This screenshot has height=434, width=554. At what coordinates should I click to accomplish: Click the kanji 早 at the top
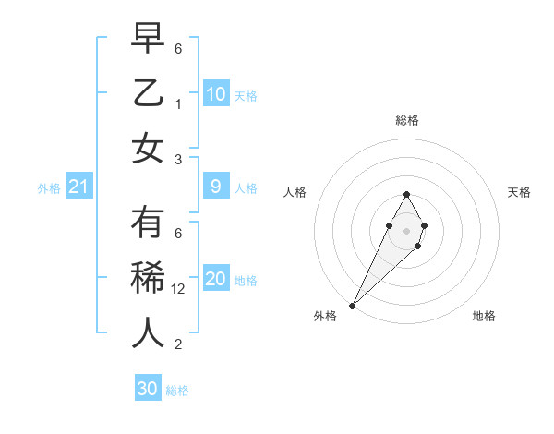click(x=148, y=40)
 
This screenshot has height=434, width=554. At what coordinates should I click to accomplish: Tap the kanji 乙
click(x=148, y=94)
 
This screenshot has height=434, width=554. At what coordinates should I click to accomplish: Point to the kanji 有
click(x=148, y=224)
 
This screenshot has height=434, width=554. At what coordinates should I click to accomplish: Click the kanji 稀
click(x=148, y=279)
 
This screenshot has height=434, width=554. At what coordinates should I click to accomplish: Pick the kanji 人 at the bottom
click(x=148, y=333)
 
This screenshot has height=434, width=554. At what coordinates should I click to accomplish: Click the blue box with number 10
click(x=215, y=93)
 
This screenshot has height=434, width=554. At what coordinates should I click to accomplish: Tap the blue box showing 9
click(x=215, y=187)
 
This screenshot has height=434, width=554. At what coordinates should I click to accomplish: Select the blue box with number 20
click(x=215, y=279)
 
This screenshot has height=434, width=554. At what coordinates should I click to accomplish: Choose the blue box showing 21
click(x=78, y=187)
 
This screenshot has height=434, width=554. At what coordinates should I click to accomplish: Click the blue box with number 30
click(x=148, y=389)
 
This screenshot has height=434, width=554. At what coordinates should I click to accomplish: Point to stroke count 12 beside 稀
click(x=180, y=289)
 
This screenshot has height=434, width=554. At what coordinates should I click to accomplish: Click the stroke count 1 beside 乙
click(x=179, y=104)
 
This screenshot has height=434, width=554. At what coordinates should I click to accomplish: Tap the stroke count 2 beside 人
click(x=179, y=344)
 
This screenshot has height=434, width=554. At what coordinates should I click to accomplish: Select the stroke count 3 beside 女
click(x=179, y=159)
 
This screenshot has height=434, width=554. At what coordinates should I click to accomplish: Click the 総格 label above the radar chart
click(x=406, y=120)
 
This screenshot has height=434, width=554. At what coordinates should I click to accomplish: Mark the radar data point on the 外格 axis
click(x=352, y=305)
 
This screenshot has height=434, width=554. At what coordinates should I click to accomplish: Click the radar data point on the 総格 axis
click(x=406, y=194)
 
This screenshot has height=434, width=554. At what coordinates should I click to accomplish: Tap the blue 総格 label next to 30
click(x=177, y=391)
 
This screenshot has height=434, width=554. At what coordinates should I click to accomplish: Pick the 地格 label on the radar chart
click(x=484, y=317)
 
